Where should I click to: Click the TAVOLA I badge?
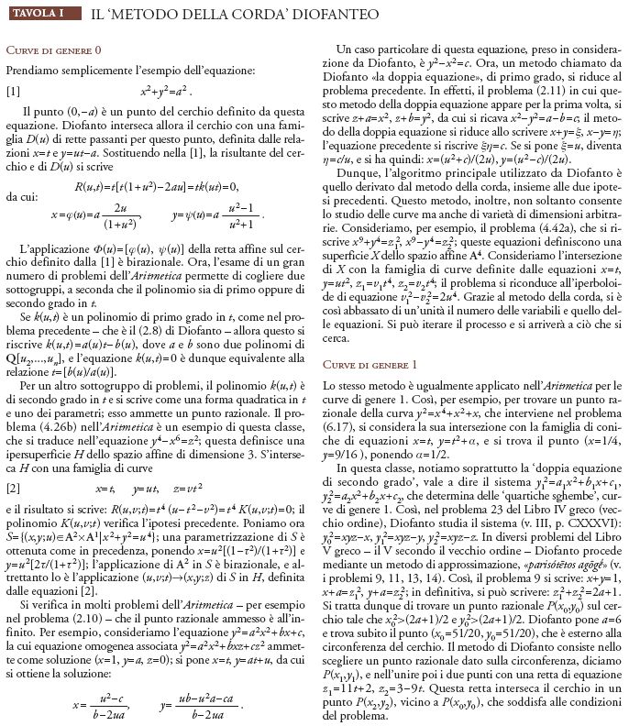(x=39, y=14)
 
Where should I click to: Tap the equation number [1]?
(x=13, y=91)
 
